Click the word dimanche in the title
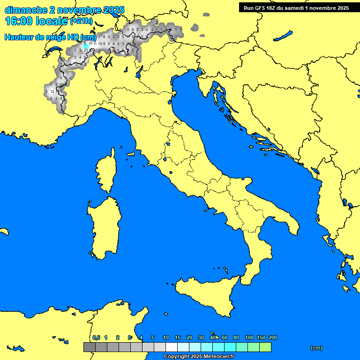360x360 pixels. pyautogui.click(x=26, y=10)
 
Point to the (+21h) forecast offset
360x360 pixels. pyautogui.click(x=81, y=22)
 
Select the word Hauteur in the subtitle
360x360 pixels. pyautogui.click(x=19, y=37)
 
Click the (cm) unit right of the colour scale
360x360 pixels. pyautogui.click(x=316, y=348)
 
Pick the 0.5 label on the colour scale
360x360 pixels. pyautogui.click(x=96, y=337)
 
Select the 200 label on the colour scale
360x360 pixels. pyautogui.click(x=273, y=337)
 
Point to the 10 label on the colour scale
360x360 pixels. pyautogui.click(x=166, y=337)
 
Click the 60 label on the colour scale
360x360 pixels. pyautogui.click(x=225, y=337)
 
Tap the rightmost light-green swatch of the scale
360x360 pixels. pyautogui.click(x=265, y=347)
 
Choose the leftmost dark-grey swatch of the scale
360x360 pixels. pyautogui.click(x=89, y=347)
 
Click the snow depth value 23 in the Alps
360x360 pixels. pyautogui.click(x=86, y=50)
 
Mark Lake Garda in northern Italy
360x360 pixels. pyautogui.click(x=139, y=72)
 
